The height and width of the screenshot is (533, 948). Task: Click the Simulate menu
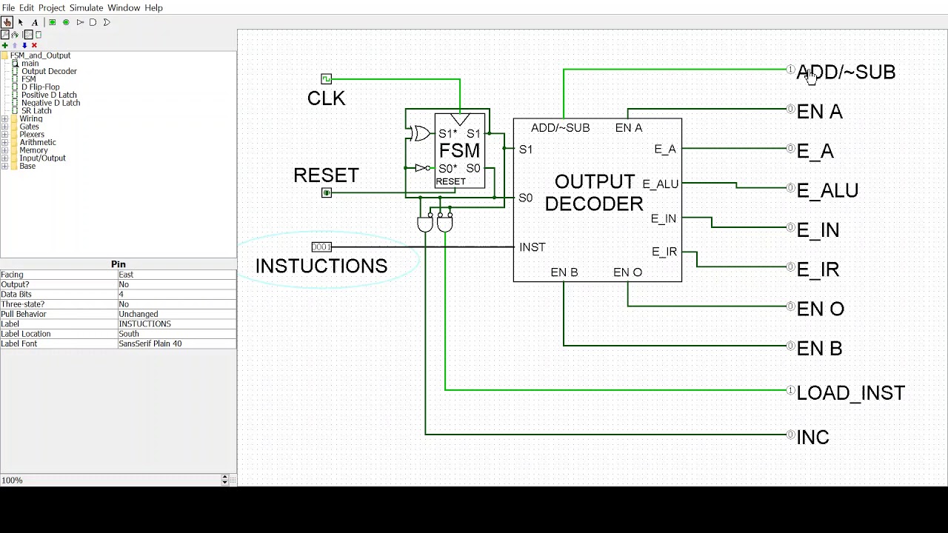[x=86, y=7]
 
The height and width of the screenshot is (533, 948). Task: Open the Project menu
[x=52, y=7]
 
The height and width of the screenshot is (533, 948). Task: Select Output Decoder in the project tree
[x=49, y=71]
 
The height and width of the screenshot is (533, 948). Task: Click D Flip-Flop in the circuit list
[x=40, y=87]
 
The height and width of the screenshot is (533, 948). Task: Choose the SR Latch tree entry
[x=36, y=110]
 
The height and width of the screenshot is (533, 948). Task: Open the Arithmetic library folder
[x=37, y=142]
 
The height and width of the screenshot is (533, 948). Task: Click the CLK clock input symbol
[x=327, y=78]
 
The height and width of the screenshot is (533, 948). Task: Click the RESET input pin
[x=327, y=192]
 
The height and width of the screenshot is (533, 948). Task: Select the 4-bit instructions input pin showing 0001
[x=321, y=247]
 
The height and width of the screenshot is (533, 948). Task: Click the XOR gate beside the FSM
[x=421, y=133]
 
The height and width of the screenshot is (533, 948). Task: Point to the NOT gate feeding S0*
[x=421, y=168]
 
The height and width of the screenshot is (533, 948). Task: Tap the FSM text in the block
[x=459, y=151]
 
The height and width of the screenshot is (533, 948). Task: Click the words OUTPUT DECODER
[x=594, y=192]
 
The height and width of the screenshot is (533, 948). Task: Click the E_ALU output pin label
[x=827, y=190]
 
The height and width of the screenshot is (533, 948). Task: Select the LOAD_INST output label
[x=850, y=393]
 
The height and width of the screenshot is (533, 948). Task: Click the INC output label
[x=812, y=438]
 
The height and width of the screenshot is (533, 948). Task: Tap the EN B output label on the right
[x=819, y=349]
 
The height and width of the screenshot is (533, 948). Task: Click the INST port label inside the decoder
[x=533, y=247]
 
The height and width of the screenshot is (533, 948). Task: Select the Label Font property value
[x=150, y=343]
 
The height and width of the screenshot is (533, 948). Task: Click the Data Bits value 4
[x=121, y=294]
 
